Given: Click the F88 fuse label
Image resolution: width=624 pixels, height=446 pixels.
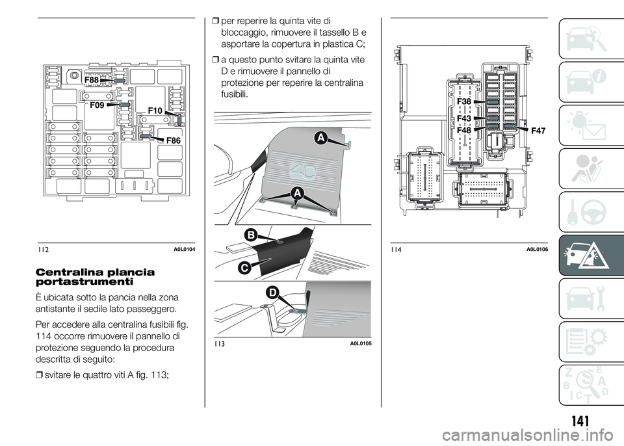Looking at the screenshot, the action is pos(92,79).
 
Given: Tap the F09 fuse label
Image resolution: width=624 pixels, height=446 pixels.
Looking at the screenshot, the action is pos(97,105).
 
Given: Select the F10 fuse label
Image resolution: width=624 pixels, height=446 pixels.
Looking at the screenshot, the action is pos(155,111).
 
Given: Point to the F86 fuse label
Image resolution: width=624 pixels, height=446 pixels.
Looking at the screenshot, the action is pos(174,140).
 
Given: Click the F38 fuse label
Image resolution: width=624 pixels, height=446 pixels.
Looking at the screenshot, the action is pos(464,101).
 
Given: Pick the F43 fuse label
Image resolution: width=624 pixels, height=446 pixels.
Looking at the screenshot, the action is pos(464,118).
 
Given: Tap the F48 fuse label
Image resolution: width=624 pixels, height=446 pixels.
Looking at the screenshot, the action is pos(464,130).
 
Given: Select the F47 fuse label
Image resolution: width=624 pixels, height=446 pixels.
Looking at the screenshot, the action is pos(538,131).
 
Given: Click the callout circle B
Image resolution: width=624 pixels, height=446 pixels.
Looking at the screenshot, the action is pos(251,235).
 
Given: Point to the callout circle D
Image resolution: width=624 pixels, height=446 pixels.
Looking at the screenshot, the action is pos(272,293).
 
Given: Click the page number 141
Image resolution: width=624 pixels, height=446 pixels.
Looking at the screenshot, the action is pos(580,421).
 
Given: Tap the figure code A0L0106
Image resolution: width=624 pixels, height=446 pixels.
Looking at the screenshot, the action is pos(538,249).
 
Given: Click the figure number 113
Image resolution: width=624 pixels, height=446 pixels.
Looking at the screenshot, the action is pos(220,344).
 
